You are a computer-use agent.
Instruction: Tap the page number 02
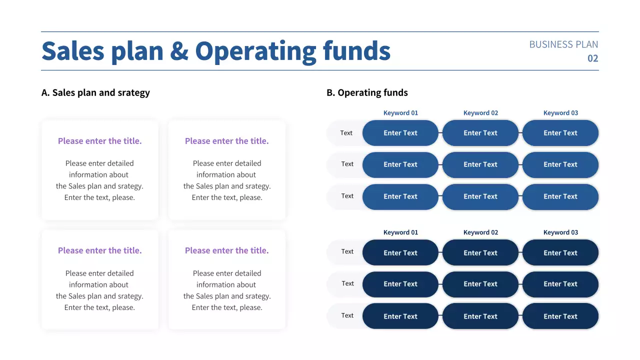592,58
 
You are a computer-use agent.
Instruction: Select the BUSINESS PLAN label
563,44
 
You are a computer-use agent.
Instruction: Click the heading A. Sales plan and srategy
95,92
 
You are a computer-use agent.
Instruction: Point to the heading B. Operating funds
367,92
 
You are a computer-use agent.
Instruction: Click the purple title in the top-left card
99,141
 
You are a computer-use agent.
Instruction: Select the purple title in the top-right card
226,141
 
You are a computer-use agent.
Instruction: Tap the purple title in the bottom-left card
99,250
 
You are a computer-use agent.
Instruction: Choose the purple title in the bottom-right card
226,250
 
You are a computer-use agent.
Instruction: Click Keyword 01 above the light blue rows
400,113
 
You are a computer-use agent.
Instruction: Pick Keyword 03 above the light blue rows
560,113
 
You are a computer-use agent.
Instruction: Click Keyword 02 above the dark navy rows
480,232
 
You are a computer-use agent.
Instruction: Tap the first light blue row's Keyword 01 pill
400,133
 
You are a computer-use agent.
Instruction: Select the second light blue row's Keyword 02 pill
480,164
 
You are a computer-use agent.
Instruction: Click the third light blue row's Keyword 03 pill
560,196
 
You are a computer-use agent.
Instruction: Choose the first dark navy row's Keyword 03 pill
560,253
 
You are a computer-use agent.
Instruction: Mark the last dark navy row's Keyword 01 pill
400,316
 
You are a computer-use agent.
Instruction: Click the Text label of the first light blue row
346,133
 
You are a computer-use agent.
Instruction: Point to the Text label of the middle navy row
347,283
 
